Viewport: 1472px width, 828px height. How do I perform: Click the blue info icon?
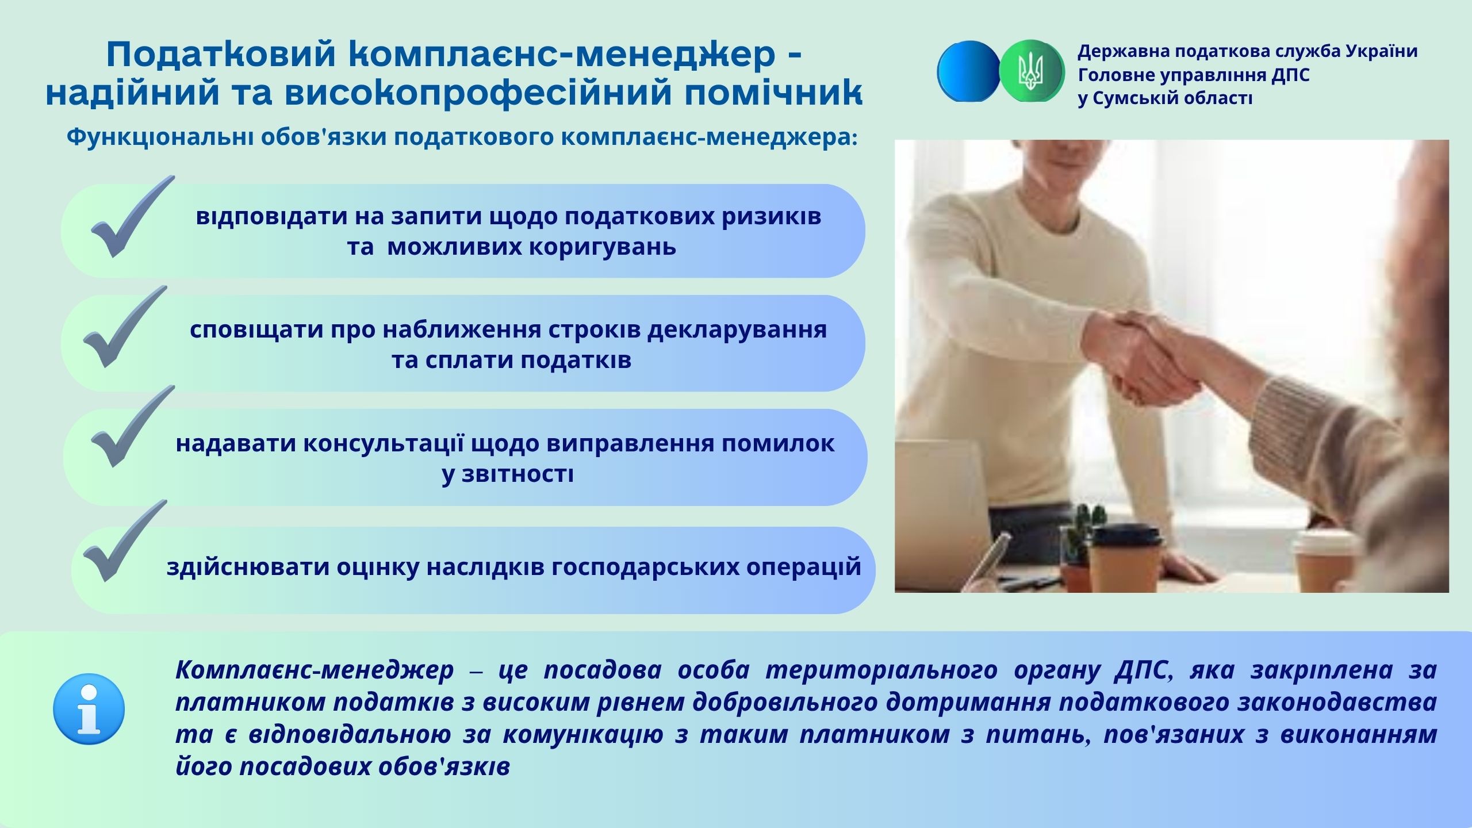coord(89,709)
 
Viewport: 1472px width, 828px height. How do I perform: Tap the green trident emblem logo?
coord(1032,71)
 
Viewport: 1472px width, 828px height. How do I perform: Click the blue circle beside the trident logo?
coord(969,71)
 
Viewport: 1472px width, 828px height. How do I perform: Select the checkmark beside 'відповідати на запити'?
coord(132,216)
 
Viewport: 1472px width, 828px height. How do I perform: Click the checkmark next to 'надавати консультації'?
coord(132,426)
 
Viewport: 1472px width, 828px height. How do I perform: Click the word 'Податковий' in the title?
coord(221,56)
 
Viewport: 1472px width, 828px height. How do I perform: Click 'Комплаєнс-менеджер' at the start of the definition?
coord(315,670)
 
